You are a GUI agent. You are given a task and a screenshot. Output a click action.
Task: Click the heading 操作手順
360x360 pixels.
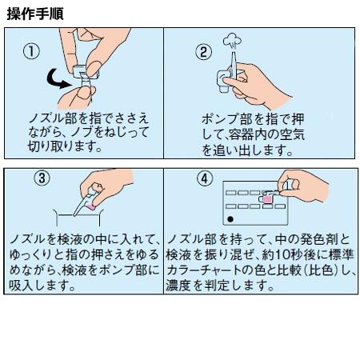tap(35, 14)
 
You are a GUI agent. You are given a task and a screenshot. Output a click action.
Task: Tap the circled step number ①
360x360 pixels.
tap(32, 51)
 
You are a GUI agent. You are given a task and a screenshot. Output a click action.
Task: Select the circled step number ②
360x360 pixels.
tap(204, 52)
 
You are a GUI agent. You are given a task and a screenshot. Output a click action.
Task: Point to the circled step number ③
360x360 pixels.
tap(42, 178)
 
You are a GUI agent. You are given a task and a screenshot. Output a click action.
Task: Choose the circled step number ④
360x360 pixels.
tap(205, 178)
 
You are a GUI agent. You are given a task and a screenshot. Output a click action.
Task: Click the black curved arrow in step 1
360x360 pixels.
tap(54, 80)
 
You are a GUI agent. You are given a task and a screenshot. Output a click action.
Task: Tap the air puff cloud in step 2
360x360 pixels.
tap(232, 41)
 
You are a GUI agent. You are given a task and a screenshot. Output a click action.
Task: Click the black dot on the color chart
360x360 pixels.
tap(230, 219)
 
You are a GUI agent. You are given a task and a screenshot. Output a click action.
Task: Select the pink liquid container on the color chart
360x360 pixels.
tap(266, 198)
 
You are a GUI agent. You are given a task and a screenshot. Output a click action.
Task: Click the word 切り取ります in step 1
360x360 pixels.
tap(65, 146)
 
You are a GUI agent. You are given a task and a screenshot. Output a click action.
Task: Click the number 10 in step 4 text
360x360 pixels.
tap(283, 255)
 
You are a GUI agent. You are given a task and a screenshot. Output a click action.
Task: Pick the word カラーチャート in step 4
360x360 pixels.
tap(203, 270)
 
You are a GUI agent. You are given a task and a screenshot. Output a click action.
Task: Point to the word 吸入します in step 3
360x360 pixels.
tap(42, 286)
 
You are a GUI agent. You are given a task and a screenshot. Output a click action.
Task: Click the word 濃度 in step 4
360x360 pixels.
tap(178, 286)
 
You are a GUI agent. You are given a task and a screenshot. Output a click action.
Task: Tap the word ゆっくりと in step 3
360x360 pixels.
tap(37, 255)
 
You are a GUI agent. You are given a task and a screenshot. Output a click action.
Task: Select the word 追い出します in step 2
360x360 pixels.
tap(253, 150)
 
